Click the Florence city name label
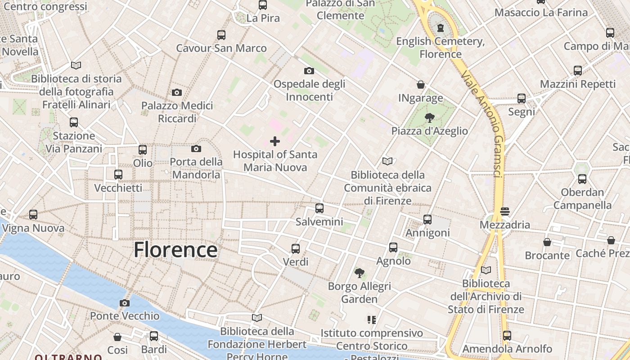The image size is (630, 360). coord(175,250)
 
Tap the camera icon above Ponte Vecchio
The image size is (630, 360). coord(125,303)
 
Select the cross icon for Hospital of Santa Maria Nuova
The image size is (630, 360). coord(274,141)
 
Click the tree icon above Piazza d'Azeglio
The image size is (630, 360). coord(429,118)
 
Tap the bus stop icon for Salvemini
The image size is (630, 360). coord(319,208)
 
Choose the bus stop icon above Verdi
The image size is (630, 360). coord(296,248)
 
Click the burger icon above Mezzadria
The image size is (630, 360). coord(504,211)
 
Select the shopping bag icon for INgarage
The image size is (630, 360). coord(421,85)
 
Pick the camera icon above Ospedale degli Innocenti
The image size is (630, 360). coord(309,71)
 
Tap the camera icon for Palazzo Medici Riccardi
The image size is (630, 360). coord(177,93)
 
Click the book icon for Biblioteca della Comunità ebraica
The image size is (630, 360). coord(387,161)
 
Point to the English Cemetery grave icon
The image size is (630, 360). coord(440,28)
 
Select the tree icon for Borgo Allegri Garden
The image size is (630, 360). coord(359,273)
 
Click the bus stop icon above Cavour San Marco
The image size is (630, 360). coord(221,35)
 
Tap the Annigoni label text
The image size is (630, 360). coord(427,233)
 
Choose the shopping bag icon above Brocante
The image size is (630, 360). coord(547,242)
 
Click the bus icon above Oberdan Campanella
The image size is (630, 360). coord(582,179)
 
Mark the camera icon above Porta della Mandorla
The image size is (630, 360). coord(196,148)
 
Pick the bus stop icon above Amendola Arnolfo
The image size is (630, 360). coord(507,336)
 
